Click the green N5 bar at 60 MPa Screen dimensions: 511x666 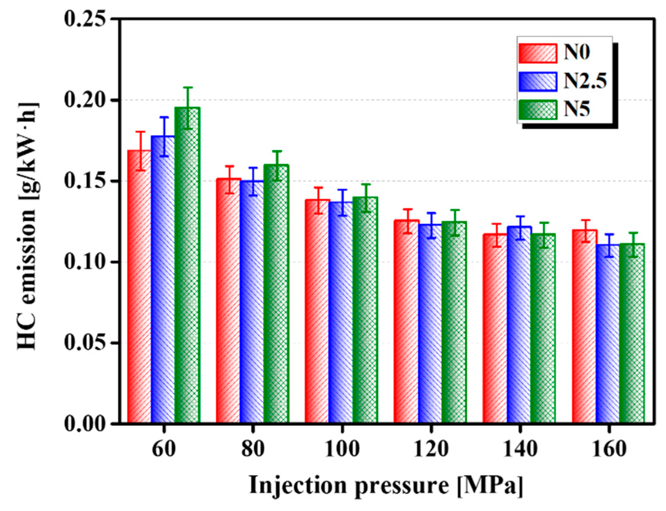187,267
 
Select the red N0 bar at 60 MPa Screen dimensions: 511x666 139,287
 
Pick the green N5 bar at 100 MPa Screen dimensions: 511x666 365,311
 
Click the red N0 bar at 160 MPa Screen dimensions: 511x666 584,327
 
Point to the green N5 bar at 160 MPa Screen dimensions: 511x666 632,334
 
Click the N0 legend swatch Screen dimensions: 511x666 538,53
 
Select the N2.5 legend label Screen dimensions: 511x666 585,81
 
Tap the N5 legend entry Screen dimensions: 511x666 577,109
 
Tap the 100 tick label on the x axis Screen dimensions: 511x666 342,449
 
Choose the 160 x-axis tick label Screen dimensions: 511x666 609,449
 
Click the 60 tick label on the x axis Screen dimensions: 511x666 163,449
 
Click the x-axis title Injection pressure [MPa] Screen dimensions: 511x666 386,485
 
